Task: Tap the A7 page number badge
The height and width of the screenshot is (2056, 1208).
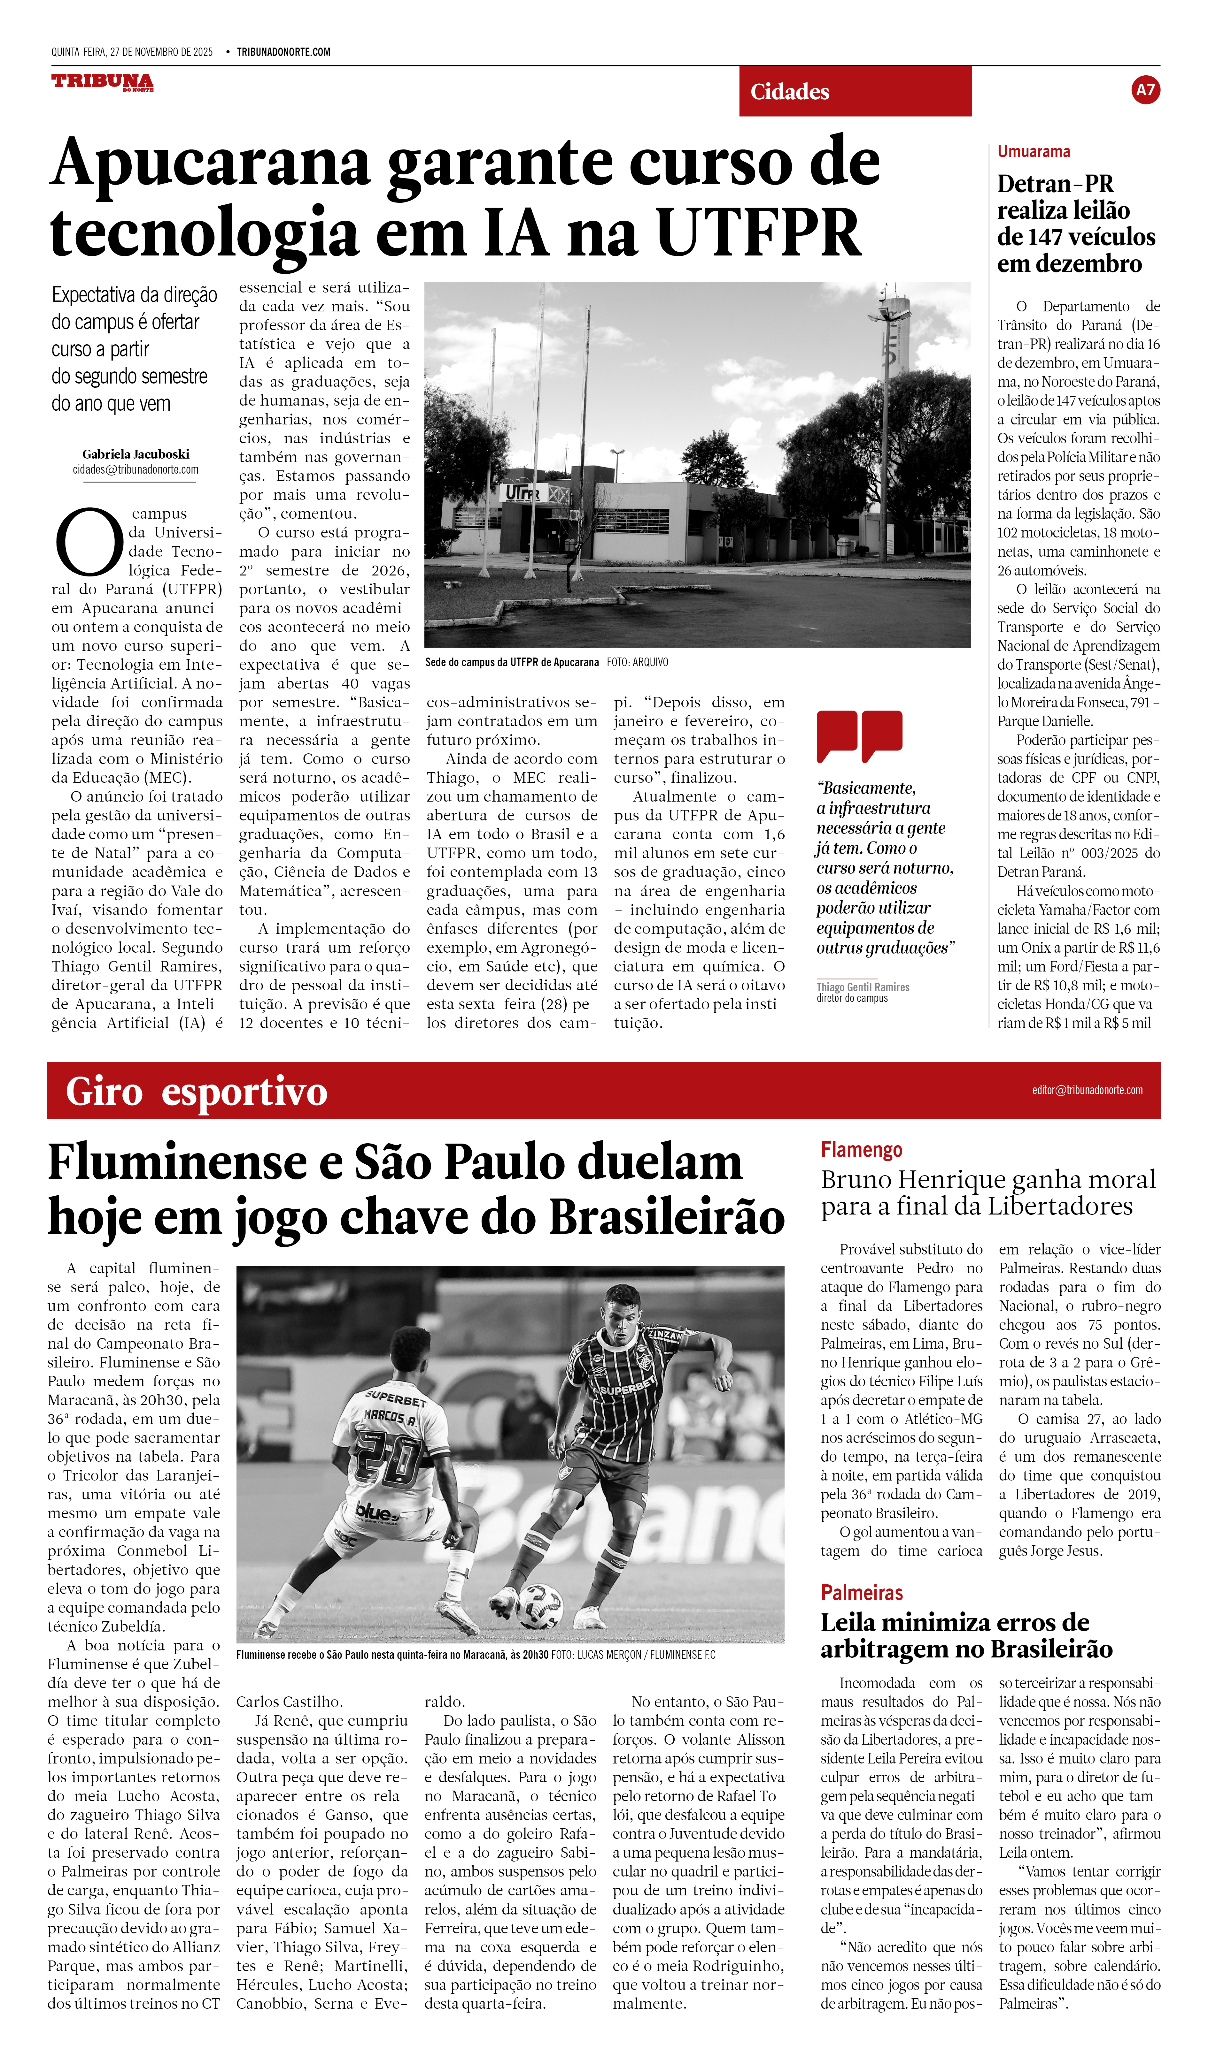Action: pos(1145,90)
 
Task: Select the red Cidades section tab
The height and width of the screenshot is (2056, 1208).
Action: pos(855,91)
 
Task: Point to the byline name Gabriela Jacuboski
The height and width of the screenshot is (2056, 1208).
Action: pos(136,454)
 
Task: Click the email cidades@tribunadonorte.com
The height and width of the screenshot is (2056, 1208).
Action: pos(136,470)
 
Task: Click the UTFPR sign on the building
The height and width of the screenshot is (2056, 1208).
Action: pos(523,493)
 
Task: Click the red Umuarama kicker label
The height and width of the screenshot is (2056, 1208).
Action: pos(1033,152)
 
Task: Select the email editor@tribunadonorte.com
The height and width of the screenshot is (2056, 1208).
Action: pos(1086,1090)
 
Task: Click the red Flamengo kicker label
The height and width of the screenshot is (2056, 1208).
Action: pos(861,1150)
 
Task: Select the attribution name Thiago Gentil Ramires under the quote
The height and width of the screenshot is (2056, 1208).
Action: pos(863,987)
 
